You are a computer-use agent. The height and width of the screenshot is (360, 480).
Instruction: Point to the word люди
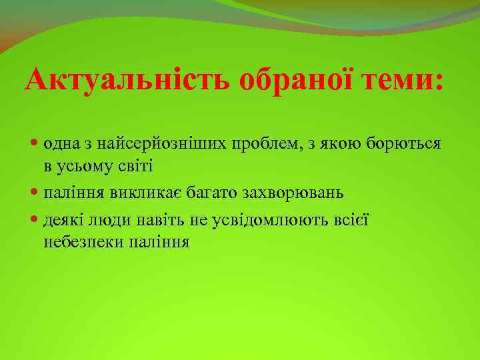coord(106,219)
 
